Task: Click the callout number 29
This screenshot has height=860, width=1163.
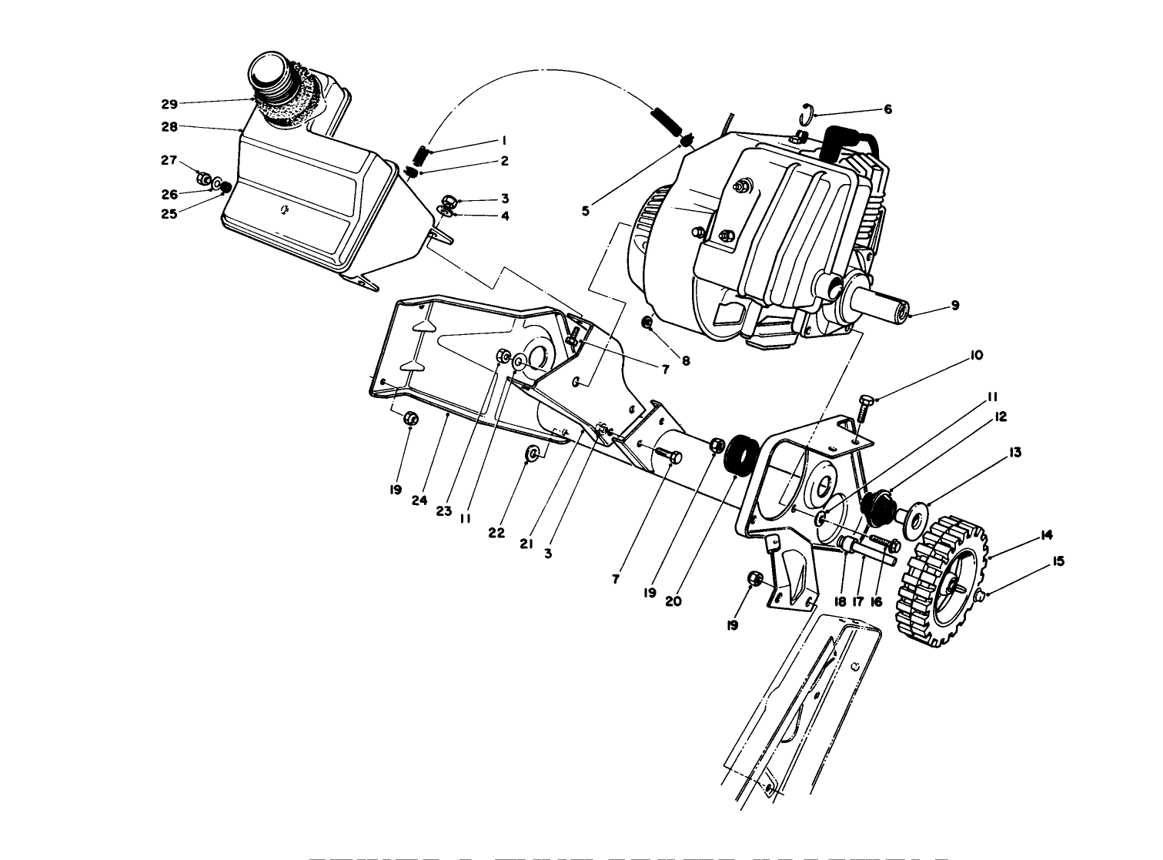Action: pyautogui.click(x=169, y=104)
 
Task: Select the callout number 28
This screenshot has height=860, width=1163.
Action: pyautogui.click(x=169, y=125)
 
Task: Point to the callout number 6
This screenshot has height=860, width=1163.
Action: pyautogui.click(x=887, y=109)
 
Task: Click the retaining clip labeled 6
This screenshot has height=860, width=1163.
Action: pyautogui.click(x=805, y=112)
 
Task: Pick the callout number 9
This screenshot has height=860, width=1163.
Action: pyautogui.click(x=954, y=306)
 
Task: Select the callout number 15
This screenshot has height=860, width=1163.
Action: pyautogui.click(x=1058, y=562)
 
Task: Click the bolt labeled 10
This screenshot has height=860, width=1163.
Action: pyautogui.click(x=863, y=407)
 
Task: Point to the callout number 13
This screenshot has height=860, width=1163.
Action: pyautogui.click(x=1015, y=453)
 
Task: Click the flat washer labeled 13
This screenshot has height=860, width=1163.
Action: pyautogui.click(x=916, y=518)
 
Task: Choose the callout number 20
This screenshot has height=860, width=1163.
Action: pyautogui.click(x=673, y=601)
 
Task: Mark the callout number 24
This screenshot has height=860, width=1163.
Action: pyautogui.click(x=419, y=500)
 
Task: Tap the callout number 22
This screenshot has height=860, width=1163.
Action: pyautogui.click(x=496, y=533)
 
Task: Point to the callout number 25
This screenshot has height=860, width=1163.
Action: pyautogui.click(x=169, y=214)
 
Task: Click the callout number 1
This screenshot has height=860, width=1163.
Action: pyautogui.click(x=503, y=141)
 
